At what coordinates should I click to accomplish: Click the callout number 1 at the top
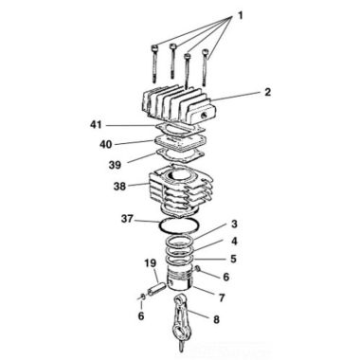pos(240,15)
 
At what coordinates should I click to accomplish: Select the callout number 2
pos(268,93)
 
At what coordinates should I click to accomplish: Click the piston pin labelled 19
pos(156,283)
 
